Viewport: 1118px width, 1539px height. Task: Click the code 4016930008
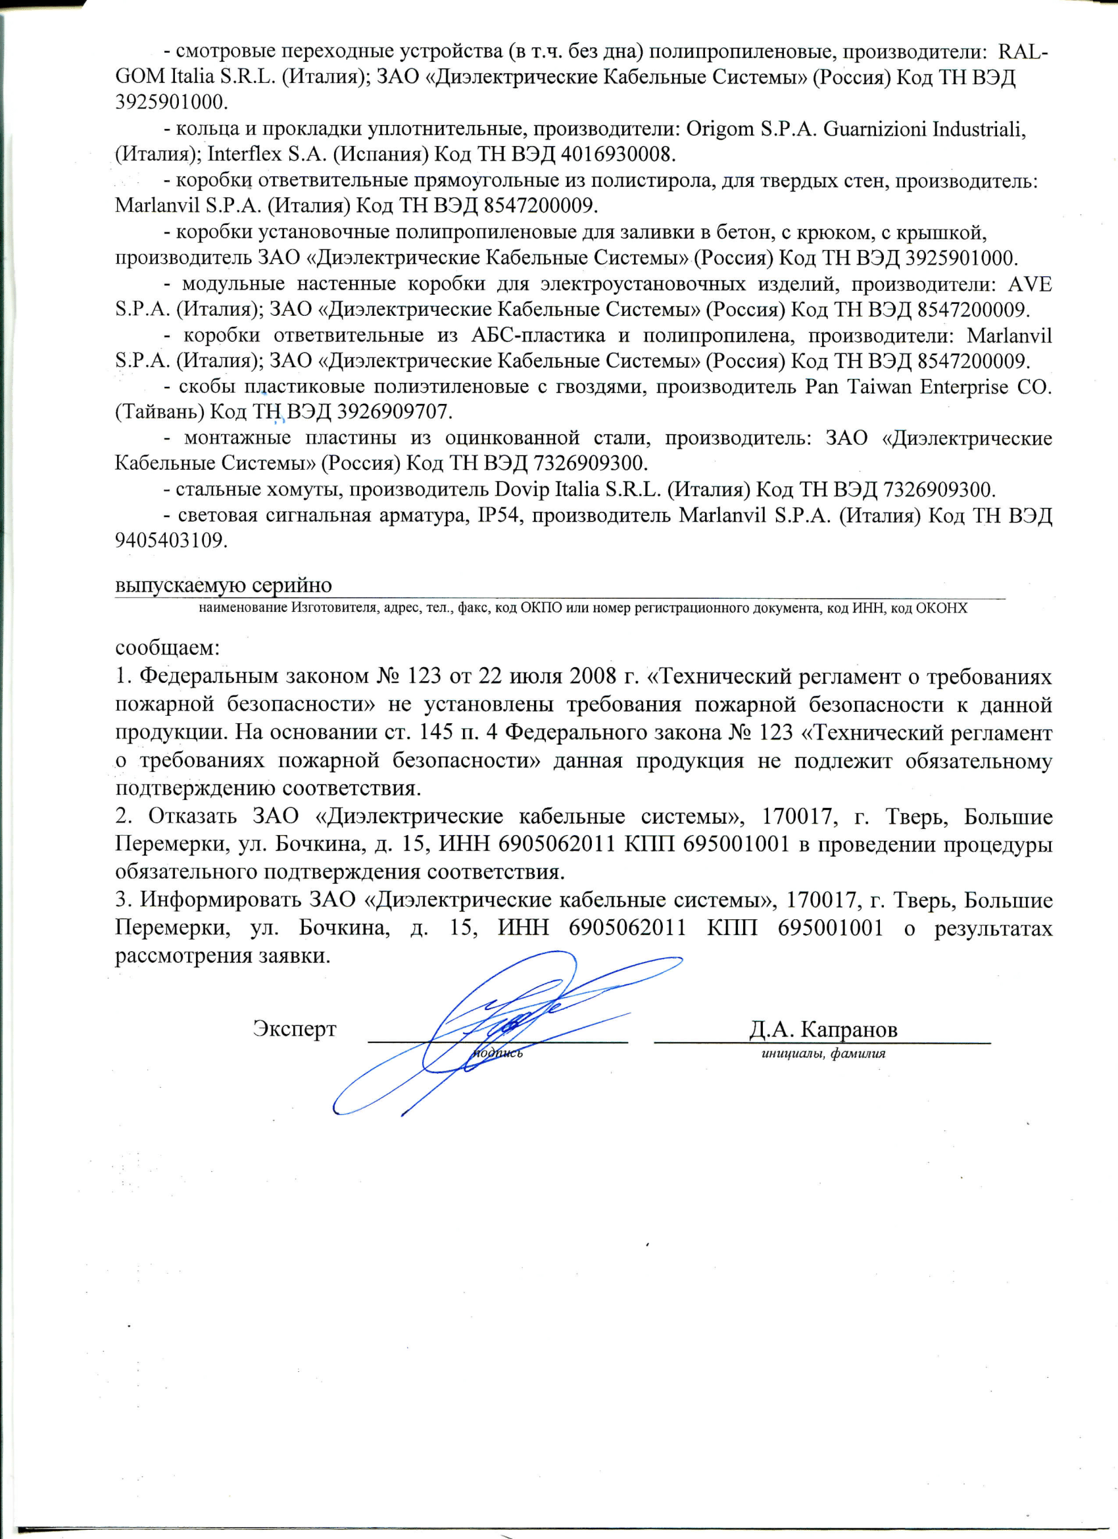click(618, 154)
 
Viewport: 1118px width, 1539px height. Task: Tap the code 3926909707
click(393, 412)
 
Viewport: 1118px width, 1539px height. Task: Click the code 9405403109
click(170, 541)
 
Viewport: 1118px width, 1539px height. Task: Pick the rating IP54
click(500, 516)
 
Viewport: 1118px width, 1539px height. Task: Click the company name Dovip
click(520, 490)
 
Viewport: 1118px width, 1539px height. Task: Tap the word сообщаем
click(168, 647)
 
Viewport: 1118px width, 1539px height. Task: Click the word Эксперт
click(295, 1028)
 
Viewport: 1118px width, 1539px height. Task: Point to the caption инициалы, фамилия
click(823, 1054)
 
